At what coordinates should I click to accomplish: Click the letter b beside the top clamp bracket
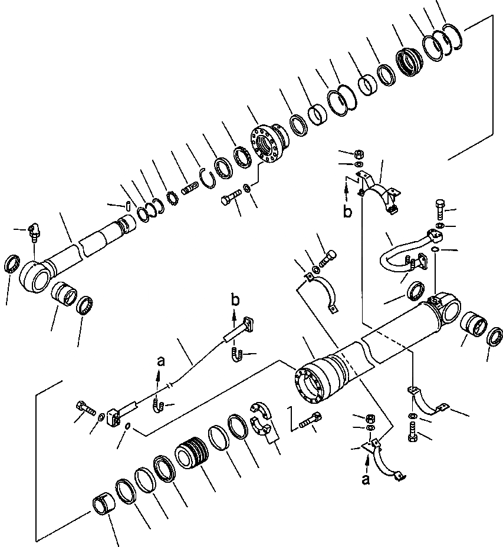[348, 211]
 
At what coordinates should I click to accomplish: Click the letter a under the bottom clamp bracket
[366, 479]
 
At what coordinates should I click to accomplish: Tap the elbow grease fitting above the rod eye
[35, 235]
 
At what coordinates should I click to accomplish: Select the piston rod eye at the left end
[35, 275]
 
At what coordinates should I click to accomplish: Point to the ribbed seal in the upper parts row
[408, 61]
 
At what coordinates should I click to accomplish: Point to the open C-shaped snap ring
[205, 177]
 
